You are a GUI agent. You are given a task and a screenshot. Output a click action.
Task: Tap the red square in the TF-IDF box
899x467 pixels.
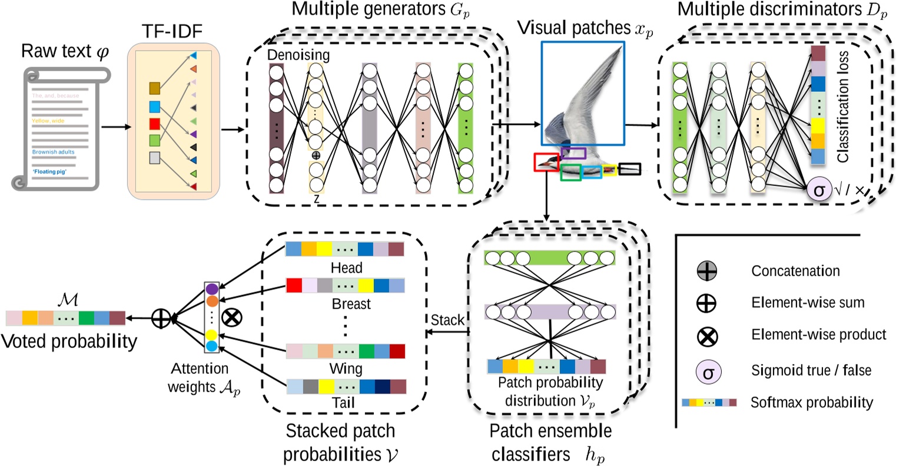[x=155, y=124]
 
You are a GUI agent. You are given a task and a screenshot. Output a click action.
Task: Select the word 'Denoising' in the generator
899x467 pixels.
[x=298, y=55]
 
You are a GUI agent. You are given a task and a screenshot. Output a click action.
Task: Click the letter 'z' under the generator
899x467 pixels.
[x=316, y=199]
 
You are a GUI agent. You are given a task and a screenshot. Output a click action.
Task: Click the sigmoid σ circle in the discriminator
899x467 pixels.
[x=819, y=190]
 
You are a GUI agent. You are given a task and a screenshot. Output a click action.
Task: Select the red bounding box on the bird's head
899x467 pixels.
[x=546, y=162]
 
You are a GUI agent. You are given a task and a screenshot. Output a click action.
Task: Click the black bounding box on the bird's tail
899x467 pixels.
[x=629, y=169]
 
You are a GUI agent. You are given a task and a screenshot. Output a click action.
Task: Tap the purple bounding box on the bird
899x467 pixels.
[x=573, y=154]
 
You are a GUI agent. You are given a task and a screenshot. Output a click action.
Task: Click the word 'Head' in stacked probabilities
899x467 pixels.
[x=346, y=268]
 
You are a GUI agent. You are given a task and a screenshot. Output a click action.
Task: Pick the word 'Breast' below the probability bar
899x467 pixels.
[x=351, y=304]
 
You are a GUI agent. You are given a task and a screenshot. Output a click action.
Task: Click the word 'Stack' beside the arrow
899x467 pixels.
[x=447, y=320]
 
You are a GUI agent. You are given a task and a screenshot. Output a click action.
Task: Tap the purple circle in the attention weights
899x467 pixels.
[x=212, y=289]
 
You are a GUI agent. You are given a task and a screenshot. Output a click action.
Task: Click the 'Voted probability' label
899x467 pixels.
[x=69, y=341]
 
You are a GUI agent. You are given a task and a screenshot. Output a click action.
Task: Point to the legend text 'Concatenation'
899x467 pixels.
[x=795, y=271]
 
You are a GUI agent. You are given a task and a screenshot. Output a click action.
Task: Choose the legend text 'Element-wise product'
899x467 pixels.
[x=818, y=334]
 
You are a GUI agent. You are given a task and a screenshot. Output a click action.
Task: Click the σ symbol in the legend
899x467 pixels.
[x=708, y=371]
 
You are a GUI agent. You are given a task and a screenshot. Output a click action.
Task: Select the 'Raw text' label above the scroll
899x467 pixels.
[x=65, y=51]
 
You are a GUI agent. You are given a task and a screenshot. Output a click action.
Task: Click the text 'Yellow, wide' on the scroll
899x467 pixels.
[x=48, y=121]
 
